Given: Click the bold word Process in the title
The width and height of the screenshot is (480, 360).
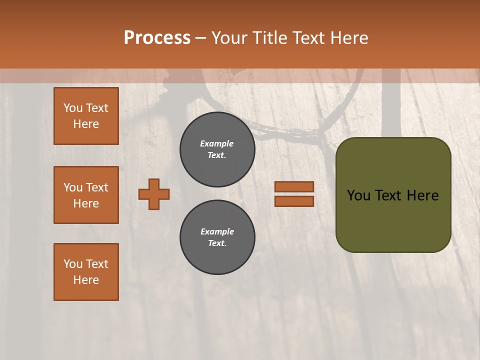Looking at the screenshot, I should (157, 38).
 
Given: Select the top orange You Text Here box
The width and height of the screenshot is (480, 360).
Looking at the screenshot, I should (86, 116).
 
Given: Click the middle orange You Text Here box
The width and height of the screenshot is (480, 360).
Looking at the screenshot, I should (86, 195).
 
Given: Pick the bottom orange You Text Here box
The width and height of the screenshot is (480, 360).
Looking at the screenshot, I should (86, 272).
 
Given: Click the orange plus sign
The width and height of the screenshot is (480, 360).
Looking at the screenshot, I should (154, 194).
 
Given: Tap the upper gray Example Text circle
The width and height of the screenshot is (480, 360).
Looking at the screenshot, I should (217, 149).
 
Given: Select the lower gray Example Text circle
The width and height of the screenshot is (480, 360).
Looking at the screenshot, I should (217, 237).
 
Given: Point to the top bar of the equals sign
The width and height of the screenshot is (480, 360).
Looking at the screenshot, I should (294, 187).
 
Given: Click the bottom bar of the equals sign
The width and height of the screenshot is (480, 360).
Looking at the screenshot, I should (294, 201).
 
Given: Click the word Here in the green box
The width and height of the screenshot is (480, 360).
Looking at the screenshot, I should (422, 195).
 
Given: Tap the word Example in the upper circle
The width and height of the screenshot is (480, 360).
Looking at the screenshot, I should (217, 144).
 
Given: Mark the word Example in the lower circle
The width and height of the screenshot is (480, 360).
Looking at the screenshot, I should (217, 232).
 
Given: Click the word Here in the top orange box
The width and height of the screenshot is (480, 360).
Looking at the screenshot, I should (86, 124).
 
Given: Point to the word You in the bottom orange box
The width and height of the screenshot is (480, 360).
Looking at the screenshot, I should (73, 264).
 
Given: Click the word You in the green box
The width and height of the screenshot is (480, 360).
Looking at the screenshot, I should (358, 195).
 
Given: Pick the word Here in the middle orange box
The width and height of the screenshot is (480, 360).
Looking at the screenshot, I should (86, 203).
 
